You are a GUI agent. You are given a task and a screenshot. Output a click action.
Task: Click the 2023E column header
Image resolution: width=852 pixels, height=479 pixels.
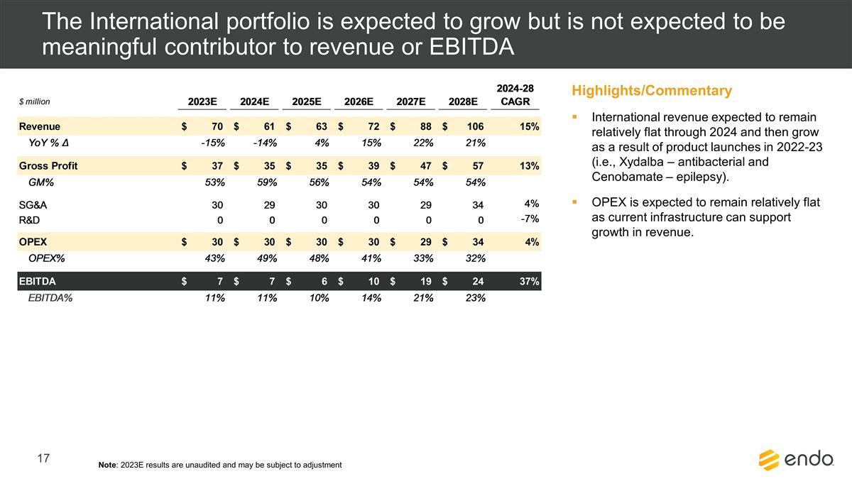[x=202, y=101]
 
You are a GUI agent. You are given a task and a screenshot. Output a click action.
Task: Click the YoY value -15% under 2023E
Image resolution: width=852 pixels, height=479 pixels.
[x=212, y=143]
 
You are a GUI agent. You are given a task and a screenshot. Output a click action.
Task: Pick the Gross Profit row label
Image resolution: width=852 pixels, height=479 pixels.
[x=48, y=166]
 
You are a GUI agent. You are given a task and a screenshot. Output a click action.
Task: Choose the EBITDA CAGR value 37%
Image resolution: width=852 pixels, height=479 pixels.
[x=528, y=282]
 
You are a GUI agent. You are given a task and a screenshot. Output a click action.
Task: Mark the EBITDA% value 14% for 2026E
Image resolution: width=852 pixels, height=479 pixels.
[x=370, y=298]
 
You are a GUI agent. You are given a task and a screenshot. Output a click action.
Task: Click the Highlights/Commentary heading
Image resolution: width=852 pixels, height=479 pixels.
[x=651, y=91]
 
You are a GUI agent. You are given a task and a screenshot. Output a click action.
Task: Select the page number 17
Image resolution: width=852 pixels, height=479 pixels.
[x=43, y=459]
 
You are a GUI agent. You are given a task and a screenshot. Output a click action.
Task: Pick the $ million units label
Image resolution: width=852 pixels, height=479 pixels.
[x=34, y=102]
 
